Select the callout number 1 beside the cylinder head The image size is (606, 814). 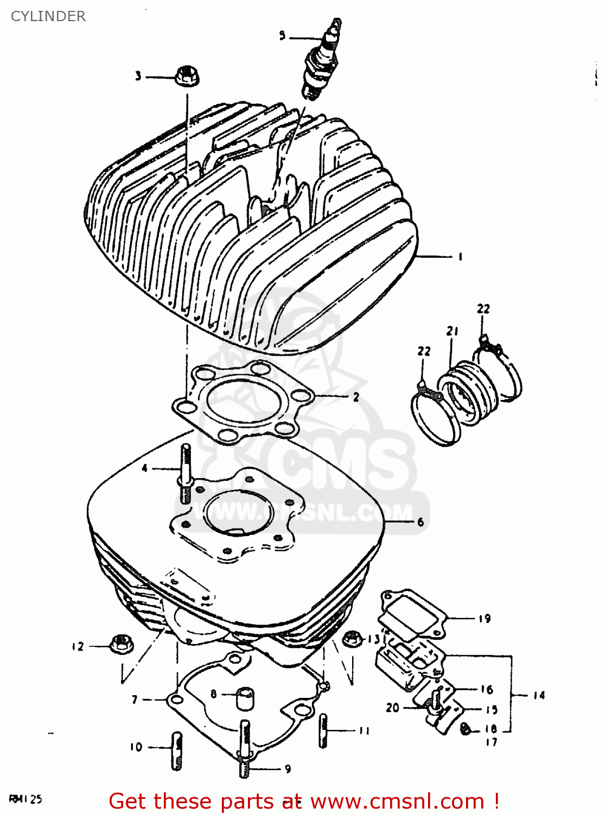click(x=460, y=257)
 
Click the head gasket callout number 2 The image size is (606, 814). click(x=356, y=397)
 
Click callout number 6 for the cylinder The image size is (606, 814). click(x=420, y=522)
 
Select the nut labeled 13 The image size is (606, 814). click(x=353, y=639)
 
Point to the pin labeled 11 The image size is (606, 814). click(x=323, y=730)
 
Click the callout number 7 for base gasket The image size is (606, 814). click(x=135, y=700)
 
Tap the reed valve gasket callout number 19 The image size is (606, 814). click(x=484, y=619)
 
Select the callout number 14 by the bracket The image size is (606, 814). click(x=539, y=695)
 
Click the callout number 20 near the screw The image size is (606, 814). click(x=392, y=708)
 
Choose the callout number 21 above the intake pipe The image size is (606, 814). click(x=452, y=331)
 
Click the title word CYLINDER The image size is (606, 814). click(x=48, y=16)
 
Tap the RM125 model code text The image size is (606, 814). click(x=25, y=799)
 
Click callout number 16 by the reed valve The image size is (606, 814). click(x=487, y=689)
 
